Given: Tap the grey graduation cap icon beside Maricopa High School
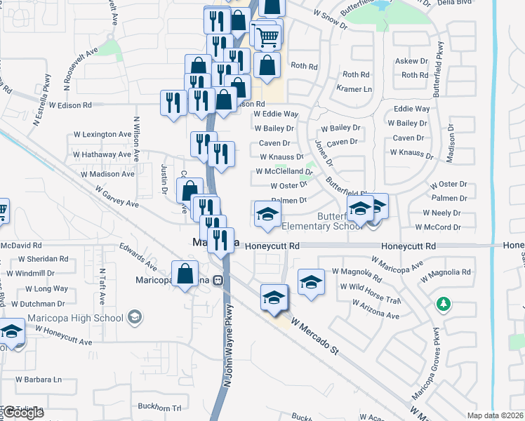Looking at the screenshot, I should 134,318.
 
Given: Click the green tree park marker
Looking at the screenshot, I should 443,304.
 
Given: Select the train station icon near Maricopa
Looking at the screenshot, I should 218,281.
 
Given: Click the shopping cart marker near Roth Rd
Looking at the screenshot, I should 267,36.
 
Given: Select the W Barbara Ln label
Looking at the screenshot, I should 32,379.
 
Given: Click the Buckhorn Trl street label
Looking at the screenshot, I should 160,407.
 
